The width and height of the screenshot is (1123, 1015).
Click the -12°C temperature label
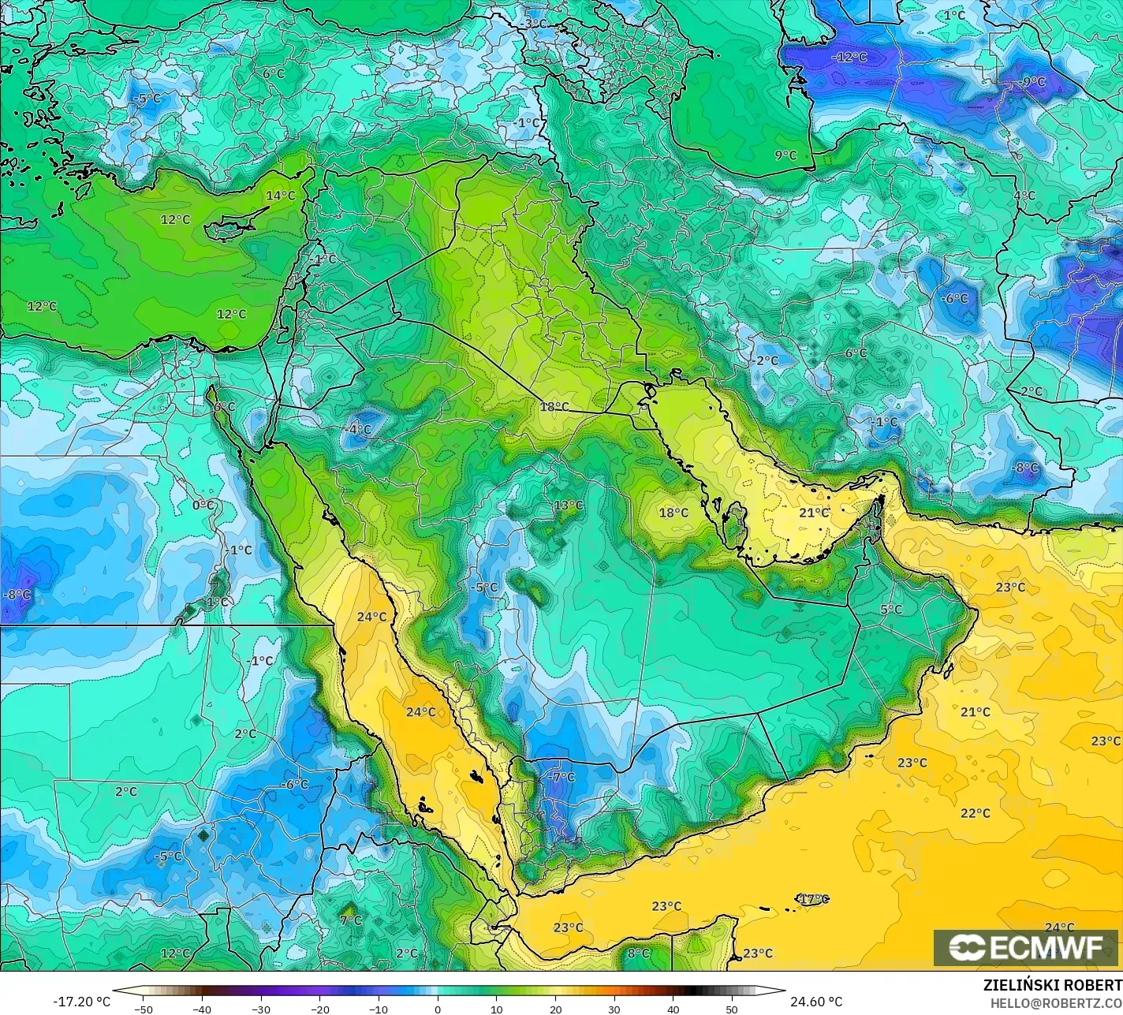[849, 57]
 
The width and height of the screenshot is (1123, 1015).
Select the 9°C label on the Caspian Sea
[785, 155]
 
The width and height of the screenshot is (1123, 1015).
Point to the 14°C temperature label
[280, 196]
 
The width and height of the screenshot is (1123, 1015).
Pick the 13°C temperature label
[568, 506]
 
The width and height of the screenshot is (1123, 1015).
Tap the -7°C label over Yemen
[561, 777]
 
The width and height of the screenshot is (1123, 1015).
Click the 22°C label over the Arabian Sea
[975, 813]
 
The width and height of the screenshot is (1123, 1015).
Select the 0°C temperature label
[203, 505]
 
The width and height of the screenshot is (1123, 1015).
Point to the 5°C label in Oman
[890, 610]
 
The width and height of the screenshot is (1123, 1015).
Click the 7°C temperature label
[351, 920]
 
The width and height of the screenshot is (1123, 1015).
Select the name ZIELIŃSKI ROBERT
[1052, 985]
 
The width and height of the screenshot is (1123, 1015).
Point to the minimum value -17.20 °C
[81, 1002]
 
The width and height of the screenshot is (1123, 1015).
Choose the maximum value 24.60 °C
[817, 1002]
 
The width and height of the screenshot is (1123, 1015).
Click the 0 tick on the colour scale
[438, 1009]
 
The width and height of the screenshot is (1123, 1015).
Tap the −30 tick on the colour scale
[261, 1009]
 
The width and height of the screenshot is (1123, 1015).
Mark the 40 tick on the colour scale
[673, 1009]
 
